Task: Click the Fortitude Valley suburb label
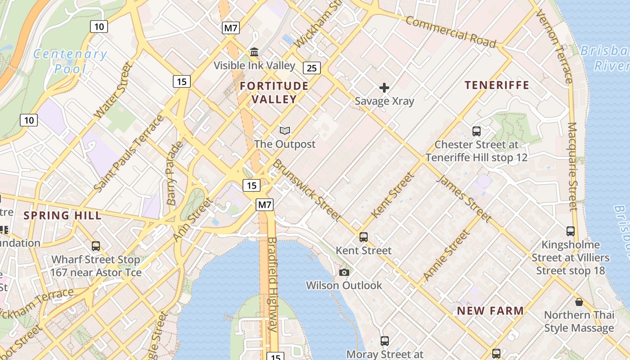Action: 274,92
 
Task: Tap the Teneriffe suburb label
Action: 497,85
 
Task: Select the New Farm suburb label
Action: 490,310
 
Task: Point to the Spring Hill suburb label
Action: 62,215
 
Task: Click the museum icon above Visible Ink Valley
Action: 254,52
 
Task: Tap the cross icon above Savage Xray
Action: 384,87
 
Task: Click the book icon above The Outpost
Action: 284,131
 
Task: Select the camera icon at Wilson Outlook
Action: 344,272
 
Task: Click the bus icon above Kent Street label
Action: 364,237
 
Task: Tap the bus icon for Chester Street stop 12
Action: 477,131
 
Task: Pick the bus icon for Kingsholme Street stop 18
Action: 571,231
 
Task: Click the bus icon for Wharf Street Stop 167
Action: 96,246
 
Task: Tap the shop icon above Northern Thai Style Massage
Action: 579,302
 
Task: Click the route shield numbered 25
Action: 312,68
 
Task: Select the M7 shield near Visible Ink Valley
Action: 231,28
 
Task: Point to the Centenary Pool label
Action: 70,61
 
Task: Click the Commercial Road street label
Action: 450,32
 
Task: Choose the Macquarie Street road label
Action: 572,166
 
